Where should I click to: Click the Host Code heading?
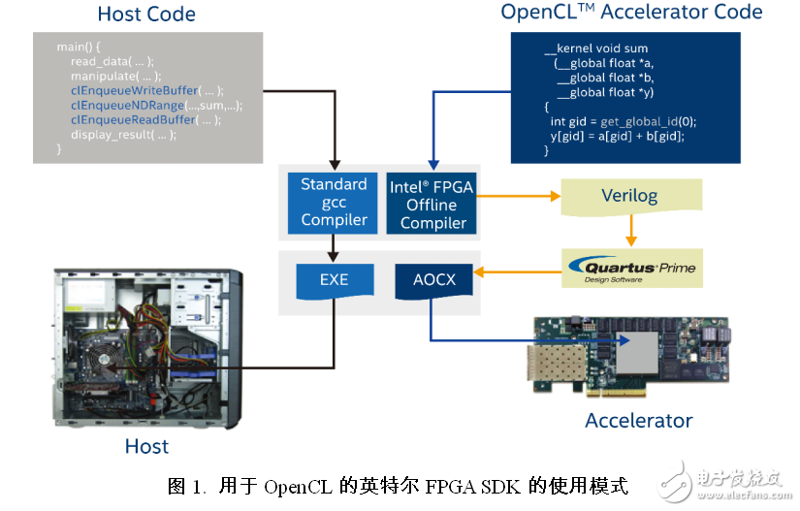146,15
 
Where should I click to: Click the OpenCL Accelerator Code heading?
631,13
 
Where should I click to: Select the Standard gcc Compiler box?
334,202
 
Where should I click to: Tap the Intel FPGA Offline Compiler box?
432,204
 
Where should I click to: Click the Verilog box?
628,196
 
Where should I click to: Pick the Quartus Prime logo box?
631,268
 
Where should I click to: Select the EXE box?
334,280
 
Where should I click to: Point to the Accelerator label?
638,420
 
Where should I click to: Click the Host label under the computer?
146,446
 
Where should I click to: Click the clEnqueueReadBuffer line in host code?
145,120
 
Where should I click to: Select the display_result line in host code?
123,135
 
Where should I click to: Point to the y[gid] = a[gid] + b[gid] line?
617,136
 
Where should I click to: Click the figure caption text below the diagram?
398,485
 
